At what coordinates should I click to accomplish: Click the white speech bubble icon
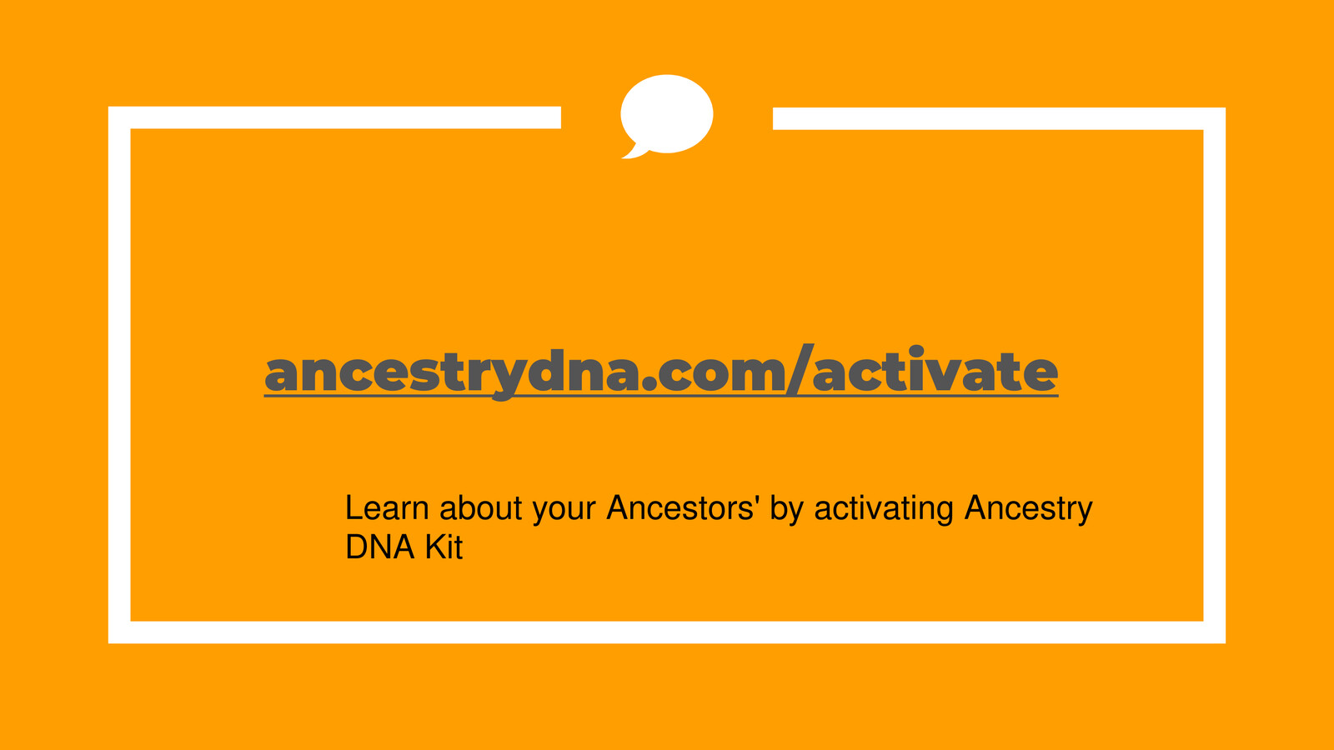(x=667, y=113)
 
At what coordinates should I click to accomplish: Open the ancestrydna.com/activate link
(x=660, y=372)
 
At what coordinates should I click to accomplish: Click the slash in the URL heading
(x=798, y=372)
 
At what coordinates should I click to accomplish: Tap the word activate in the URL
(x=935, y=372)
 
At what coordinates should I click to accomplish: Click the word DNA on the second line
(x=379, y=547)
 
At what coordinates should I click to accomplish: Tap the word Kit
(x=444, y=547)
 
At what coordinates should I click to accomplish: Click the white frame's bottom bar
(x=667, y=632)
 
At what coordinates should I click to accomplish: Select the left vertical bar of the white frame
(x=119, y=375)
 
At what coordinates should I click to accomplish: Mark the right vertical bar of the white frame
(x=1214, y=375)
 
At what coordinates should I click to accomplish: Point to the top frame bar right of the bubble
(x=992, y=118)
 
